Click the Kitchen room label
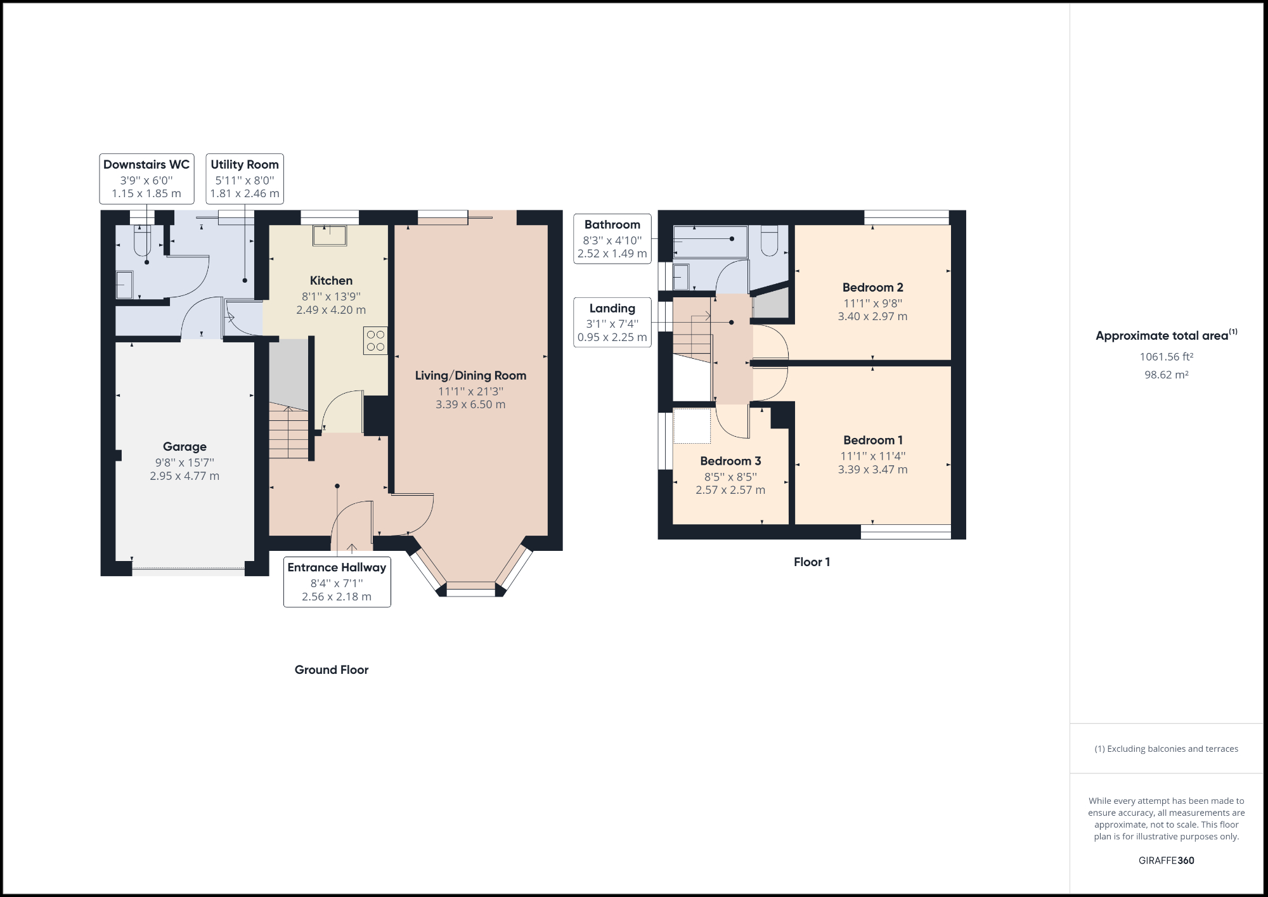click(331, 280)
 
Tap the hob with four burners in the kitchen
click(375, 340)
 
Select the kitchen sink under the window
click(330, 235)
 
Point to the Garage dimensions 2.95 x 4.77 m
click(184, 476)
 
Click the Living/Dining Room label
click(470, 375)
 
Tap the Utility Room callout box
click(245, 179)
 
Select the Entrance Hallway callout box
click(337, 582)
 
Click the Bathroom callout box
click(612, 239)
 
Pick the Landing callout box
click(612, 323)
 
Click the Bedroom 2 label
click(872, 287)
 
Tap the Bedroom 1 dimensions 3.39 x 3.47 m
click(872, 470)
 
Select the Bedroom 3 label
click(730, 461)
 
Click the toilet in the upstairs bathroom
click(769, 241)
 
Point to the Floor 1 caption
click(812, 562)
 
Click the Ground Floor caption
click(331, 669)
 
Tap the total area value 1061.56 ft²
click(1166, 357)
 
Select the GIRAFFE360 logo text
click(1166, 860)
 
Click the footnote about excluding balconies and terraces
click(1166, 749)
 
